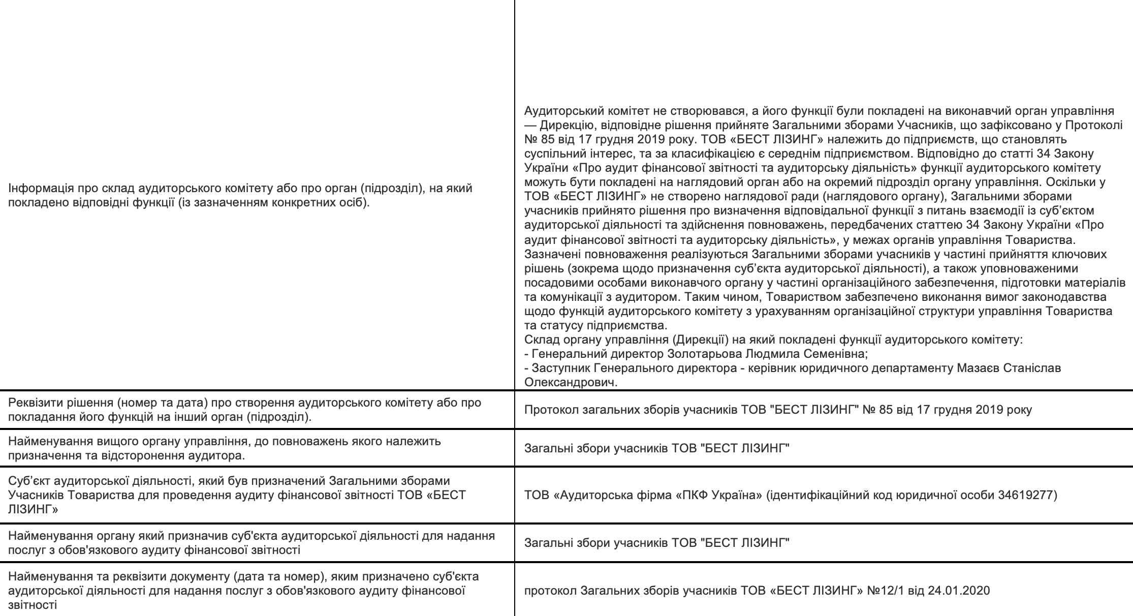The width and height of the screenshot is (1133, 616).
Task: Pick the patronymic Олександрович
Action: (570, 382)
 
